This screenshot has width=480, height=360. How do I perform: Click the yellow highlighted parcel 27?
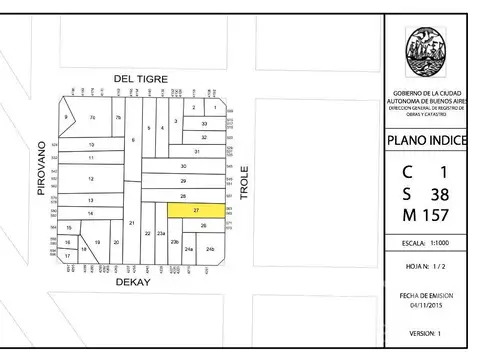[196, 211]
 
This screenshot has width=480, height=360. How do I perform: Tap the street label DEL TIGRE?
[137, 78]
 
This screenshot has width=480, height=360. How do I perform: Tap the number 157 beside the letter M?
[438, 216]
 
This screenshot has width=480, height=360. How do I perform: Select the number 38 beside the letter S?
[438, 193]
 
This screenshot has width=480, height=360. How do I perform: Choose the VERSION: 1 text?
[425, 332]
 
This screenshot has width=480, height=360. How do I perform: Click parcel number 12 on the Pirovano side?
[91, 179]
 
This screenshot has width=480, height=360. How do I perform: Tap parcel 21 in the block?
[131, 222]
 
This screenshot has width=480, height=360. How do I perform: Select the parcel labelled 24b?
[209, 247]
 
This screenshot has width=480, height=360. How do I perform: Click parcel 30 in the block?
[183, 165]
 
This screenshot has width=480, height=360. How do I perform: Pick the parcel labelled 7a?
[92, 118]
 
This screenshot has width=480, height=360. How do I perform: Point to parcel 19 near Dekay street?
[97, 242]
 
